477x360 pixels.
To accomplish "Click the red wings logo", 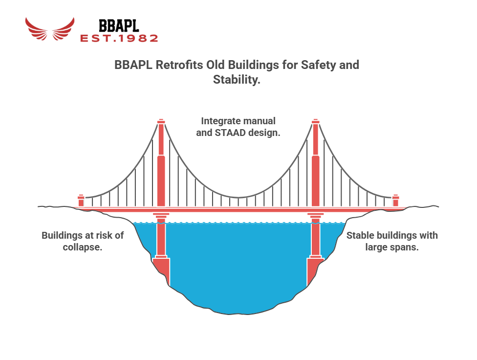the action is (x=49, y=29).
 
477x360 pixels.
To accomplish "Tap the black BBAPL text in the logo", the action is (x=119, y=26).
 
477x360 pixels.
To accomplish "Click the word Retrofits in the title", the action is (x=179, y=65).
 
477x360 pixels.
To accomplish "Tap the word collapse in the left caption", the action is (x=83, y=247).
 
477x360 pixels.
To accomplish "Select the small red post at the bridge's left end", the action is (x=81, y=201).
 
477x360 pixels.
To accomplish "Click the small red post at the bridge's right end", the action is (x=395, y=201).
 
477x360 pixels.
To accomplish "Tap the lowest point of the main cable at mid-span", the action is (x=238, y=198).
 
